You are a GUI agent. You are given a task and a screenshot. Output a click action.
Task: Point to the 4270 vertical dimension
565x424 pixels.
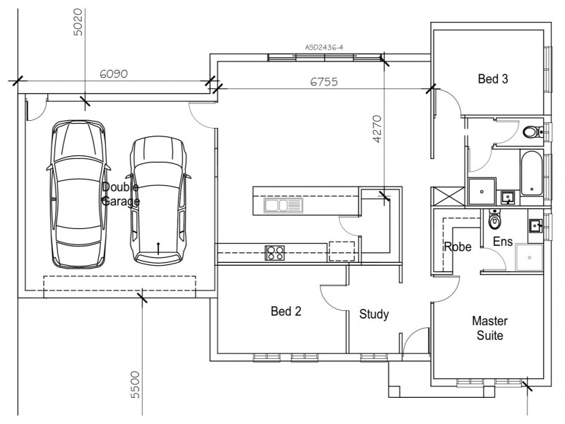376,129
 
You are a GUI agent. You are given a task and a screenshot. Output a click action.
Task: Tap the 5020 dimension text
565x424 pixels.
78,23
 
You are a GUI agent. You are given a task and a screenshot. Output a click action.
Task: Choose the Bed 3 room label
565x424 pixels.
493,79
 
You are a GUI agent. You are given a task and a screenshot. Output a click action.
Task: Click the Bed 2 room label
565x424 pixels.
287,311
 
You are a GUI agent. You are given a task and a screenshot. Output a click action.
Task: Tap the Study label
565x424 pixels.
374,314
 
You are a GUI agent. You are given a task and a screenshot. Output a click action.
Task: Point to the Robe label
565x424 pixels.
457,247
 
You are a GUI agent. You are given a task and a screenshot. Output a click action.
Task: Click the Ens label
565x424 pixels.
502,242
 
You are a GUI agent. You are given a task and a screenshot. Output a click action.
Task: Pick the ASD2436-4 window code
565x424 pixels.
323,48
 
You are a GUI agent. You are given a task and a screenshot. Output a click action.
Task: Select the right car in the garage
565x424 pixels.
158,199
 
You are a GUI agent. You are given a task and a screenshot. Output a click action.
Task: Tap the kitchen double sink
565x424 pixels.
282,206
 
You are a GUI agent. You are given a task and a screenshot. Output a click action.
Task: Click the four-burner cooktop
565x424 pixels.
274,252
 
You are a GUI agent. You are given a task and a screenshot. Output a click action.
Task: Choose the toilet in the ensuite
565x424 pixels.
494,221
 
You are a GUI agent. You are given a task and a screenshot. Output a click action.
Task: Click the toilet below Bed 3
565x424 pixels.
531,131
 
